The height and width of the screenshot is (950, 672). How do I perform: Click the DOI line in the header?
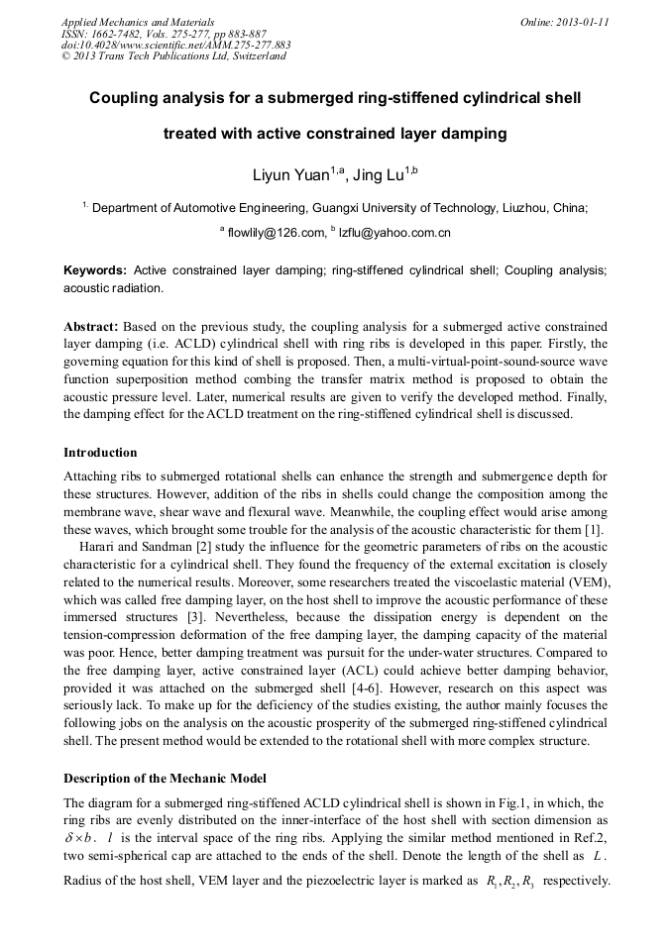pos(175,45)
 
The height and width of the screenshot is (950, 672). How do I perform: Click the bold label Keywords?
pos(94,270)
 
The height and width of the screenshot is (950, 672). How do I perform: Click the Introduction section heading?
pos(100,452)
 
